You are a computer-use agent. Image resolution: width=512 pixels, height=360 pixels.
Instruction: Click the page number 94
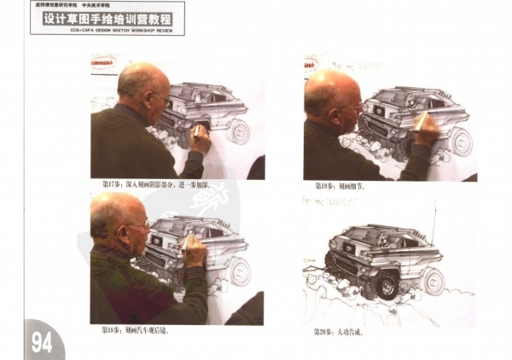42,342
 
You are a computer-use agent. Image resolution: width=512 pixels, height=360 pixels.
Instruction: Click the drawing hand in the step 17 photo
200,138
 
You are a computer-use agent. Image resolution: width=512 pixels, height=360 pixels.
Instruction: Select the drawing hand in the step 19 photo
425,128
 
